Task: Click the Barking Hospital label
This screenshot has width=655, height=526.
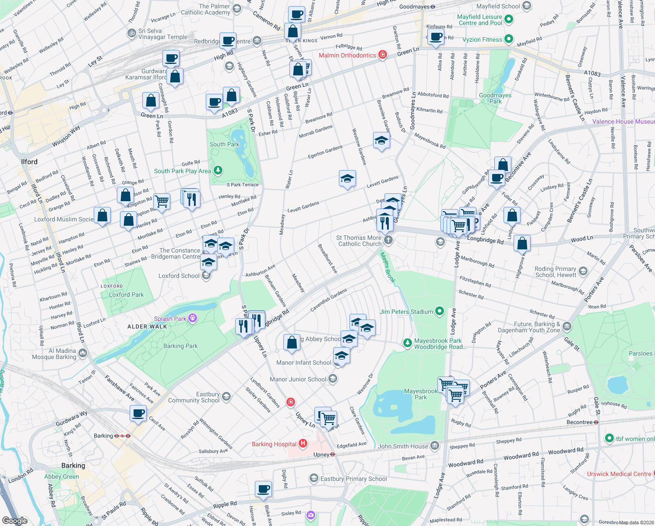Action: pyautogui.click(x=274, y=444)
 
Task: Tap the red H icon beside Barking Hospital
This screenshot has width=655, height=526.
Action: pyautogui.click(x=303, y=444)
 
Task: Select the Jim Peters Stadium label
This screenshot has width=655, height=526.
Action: pyautogui.click(x=406, y=312)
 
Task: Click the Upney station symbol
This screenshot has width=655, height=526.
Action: pyautogui.click(x=332, y=455)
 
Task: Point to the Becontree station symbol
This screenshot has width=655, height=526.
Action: pyautogui.click(x=596, y=423)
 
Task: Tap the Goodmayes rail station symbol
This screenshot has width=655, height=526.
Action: pyautogui.click(x=433, y=7)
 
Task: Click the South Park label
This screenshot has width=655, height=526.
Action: pyautogui.click(x=225, y=144)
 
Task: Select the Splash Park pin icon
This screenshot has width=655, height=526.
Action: pyautogui.click(x=192, y=318)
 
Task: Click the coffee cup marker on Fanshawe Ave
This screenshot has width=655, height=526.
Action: pyautogui.click(x=138, y=412)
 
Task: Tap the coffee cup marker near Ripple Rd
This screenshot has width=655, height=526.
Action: pyautogui.click(x=264, y=488)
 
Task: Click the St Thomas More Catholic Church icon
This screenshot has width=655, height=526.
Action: pyautogui.click(x=388, y=240)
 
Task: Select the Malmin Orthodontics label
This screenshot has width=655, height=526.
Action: pyautogui.click(x=347, y=55)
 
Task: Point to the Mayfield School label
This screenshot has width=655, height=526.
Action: pyautogui.click(x=498, y=6)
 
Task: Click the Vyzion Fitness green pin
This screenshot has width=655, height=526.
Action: pyautogui.click(x=508, y=39)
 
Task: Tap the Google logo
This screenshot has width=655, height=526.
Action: pyautogui.click(x=15, y=520)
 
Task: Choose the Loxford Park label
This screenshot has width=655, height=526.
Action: pyautogui.click(x=126, y=295)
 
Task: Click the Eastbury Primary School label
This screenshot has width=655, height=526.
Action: pyautogui.click(x=353, y=479)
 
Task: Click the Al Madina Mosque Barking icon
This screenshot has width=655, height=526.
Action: pyautogui.click(x=83, y=353)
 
